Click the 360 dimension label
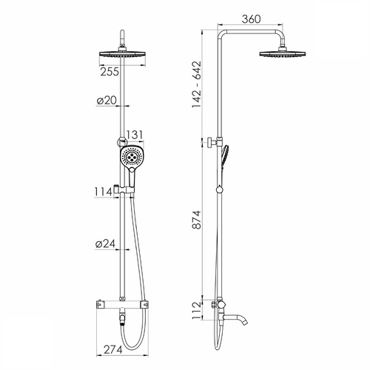point(251,19)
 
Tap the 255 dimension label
point(110,72)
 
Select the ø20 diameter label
point(107,101)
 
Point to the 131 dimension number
point(135,135)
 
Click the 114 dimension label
point(104,192)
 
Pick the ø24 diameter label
point(105,243)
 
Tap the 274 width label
point(113,349)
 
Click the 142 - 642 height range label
point(197,84)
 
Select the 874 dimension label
point(197,220)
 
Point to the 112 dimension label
point(197,310)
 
